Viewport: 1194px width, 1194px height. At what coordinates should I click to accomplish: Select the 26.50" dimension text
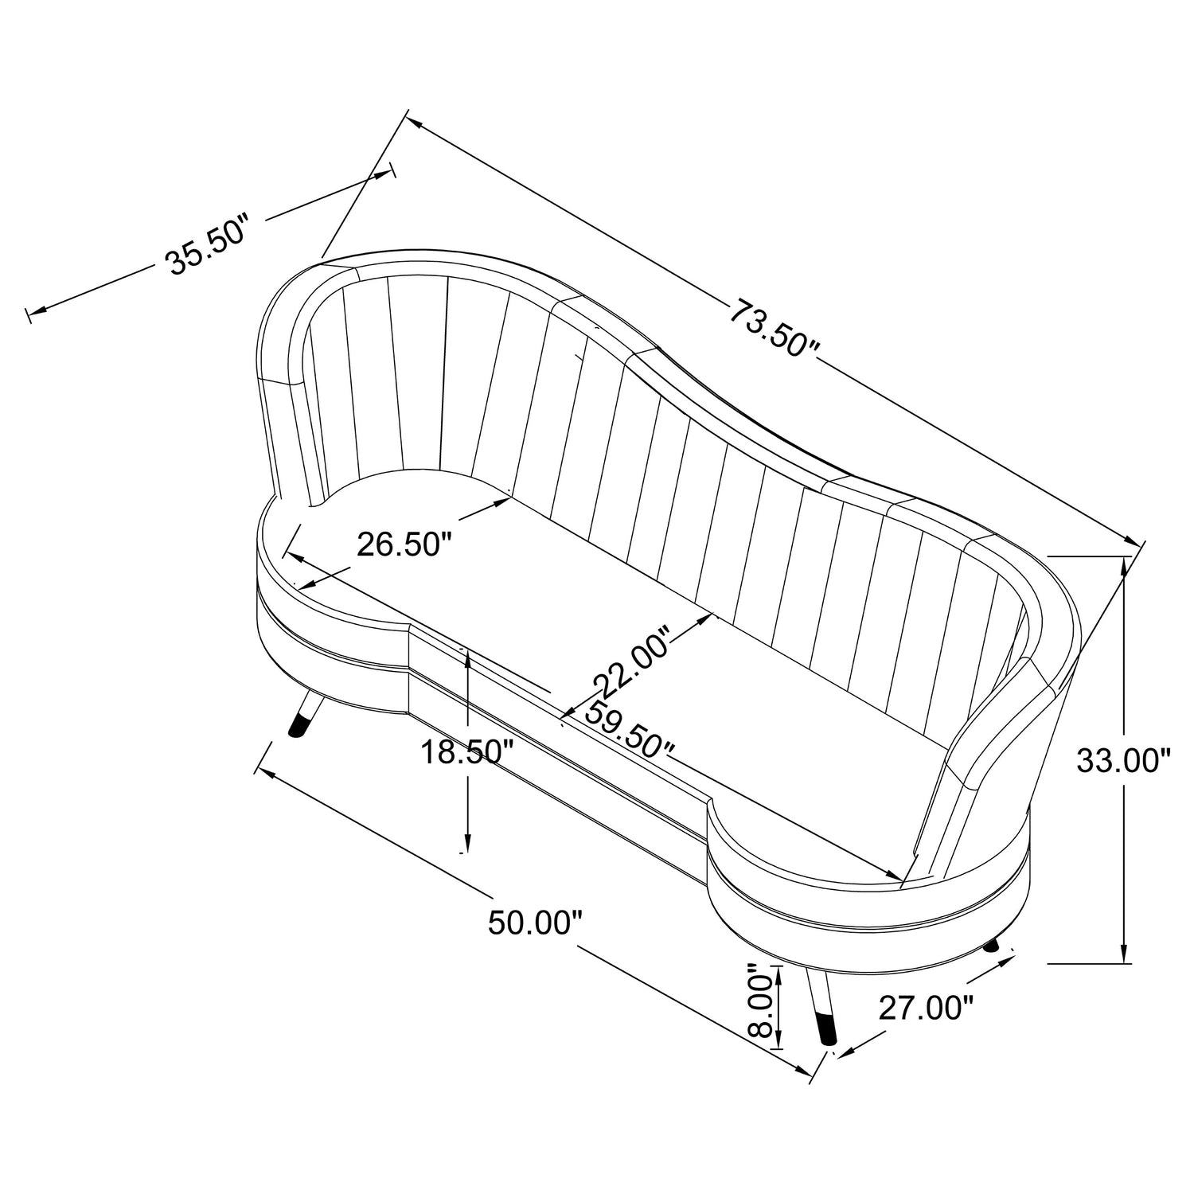tap(404, 544)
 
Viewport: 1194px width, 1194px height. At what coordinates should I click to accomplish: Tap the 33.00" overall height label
tap(1124, 761)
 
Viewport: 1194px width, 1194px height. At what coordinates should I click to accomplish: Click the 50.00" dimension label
tap(535, 923)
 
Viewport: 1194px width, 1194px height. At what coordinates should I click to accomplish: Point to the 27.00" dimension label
tap(926, 1009)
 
